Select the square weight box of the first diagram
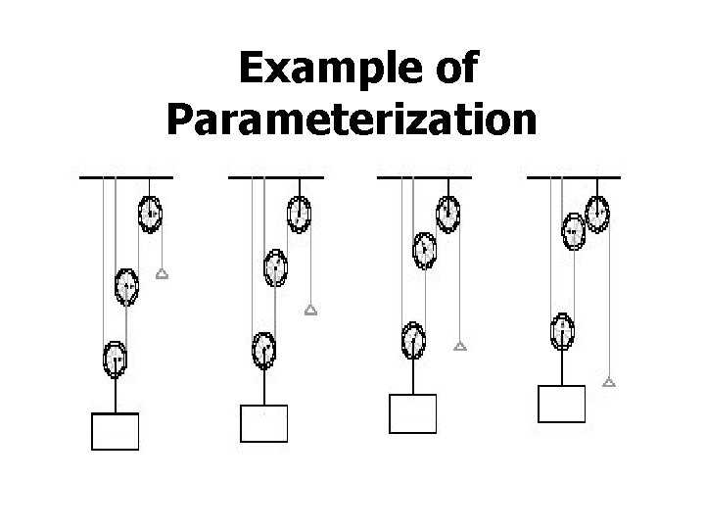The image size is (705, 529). (116, 431)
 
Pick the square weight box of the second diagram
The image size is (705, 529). (263, 423)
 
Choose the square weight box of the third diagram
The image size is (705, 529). (412, 412)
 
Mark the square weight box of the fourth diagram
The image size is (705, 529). (562, 403)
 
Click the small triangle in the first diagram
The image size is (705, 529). (163, 275)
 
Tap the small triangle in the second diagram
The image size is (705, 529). (310, 311)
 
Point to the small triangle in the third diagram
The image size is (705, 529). (459, 346)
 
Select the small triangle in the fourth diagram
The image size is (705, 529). (609, 381)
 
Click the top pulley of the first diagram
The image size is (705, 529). (150, 215)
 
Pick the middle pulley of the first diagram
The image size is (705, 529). (126, 286)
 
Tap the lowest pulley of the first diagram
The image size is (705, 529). (116, 359)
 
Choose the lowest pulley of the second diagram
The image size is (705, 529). (263, 349)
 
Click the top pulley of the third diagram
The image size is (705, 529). (447, 215)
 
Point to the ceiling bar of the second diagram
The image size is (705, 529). (276, 176)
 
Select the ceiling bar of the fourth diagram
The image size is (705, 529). (574, 176)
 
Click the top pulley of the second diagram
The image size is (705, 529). (299, 215)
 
